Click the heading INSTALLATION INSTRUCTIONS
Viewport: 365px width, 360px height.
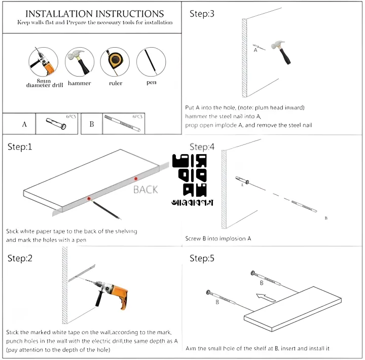click(x=94, y=14)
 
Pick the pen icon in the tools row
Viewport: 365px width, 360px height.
click(x=151, y=61)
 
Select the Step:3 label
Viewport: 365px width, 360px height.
click(x=202, y=14)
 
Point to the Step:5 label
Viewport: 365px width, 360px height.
click(x=202, y=259)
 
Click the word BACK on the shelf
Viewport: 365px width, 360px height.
click(x=145, y=190)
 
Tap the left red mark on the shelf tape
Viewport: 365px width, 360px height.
click(x=89, y=199)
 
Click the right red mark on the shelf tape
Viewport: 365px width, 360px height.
click(x=135, y=178)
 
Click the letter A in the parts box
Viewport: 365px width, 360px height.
click(x=24, y=124)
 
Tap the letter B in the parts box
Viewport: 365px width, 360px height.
click(x=92, y=124)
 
